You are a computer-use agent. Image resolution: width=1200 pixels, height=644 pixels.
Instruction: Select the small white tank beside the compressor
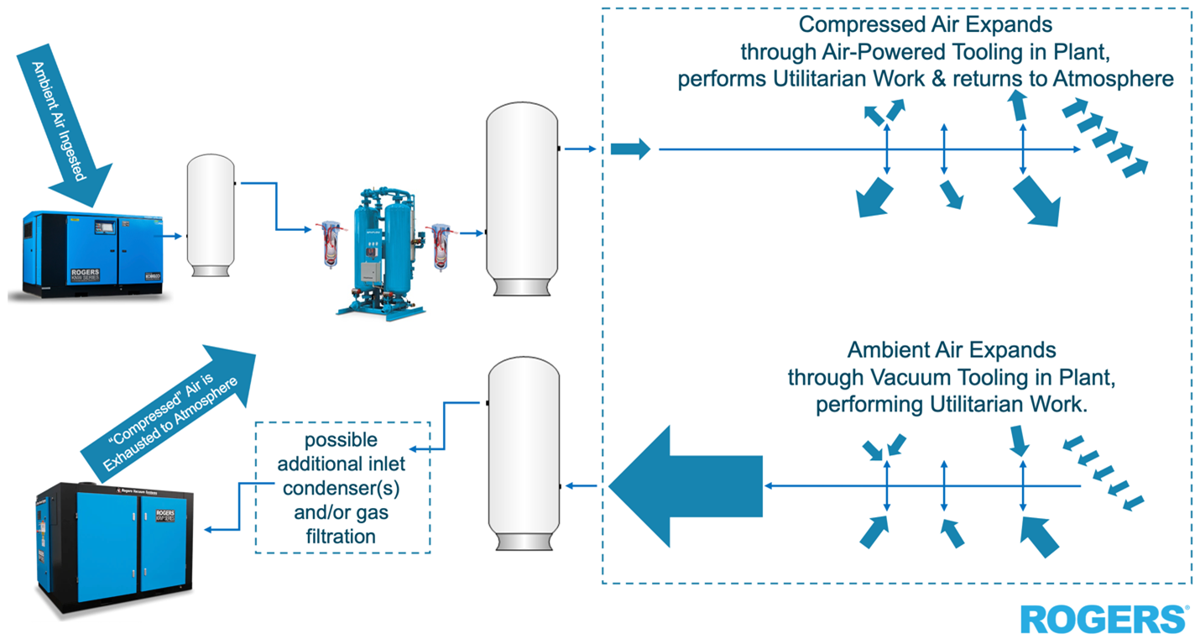[x=210, y=215]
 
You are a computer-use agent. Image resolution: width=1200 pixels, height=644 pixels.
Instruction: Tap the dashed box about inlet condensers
[x=342, y=487]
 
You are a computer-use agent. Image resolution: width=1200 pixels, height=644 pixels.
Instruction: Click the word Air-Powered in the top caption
[x=869, y=52]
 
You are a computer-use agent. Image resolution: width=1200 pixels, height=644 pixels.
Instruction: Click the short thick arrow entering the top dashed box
[x=630, y=150]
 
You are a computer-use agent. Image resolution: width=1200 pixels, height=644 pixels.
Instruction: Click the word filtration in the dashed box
[x=342, y=535]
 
